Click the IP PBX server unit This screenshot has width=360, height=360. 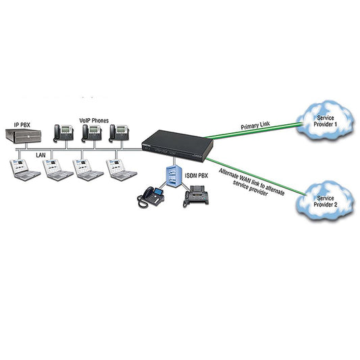pyautogui.click(x=24, y=136)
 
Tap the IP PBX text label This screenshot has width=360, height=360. pyautogui.click(x=22, y=125)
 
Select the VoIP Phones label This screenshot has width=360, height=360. pyautogui.click(x=94, y=120)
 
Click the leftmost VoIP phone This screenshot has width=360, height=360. pyautogui.click(x=63, y=133)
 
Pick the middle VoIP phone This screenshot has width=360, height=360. pyautogui.click(x=92, y=133)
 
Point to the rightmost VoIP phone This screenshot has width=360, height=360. pyautogui.click(x=119, y=132)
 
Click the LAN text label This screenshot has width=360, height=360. pyautogui.click(x=41, y=155)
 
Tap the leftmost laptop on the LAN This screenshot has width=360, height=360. pyautogui.click(x=25, y=170)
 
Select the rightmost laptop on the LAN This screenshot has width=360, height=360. pyautogui.click(x=121, y=170)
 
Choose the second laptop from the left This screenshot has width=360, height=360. pyautogui.click(x=58, y=170)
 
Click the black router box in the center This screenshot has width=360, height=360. pyautogui.click(x=177, y=146)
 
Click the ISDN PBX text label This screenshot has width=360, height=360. pyautogui.click(x=197, y=176)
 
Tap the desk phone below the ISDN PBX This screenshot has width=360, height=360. pyautogui.click(x=151, y=197)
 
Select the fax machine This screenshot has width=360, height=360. pyautogui.click(x=196, y=196)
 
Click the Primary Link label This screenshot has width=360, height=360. pyautogui.click(x=255, y=126)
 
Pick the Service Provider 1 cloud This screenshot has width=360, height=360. pyautogui.click(x=325, y=120)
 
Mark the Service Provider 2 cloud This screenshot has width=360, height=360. pyautogui.click(x=325, y=201)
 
